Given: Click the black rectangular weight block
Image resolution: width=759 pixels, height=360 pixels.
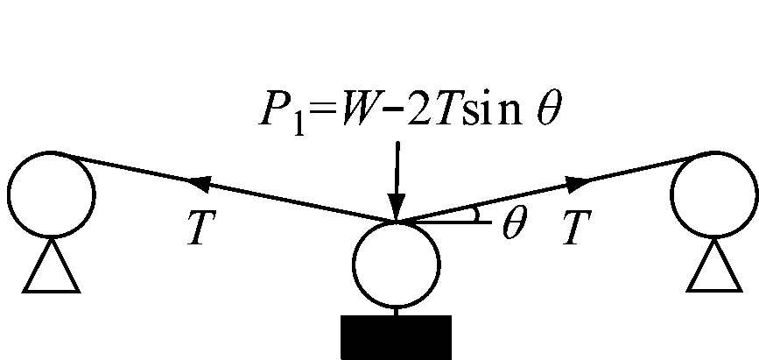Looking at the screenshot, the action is pos(397,337).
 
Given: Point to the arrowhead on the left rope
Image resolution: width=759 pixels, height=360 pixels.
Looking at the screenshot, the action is pos(200,184).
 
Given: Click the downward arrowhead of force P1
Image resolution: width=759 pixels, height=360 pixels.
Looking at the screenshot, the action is pos(397,208).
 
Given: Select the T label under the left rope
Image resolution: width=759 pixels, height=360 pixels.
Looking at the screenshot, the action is pos(201,227).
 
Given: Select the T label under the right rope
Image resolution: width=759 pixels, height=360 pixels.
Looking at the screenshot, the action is pos(577,227).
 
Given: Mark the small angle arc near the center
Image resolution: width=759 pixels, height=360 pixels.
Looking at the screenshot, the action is pos(477,213).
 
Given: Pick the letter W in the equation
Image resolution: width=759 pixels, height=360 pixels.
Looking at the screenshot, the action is pos(361,109).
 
